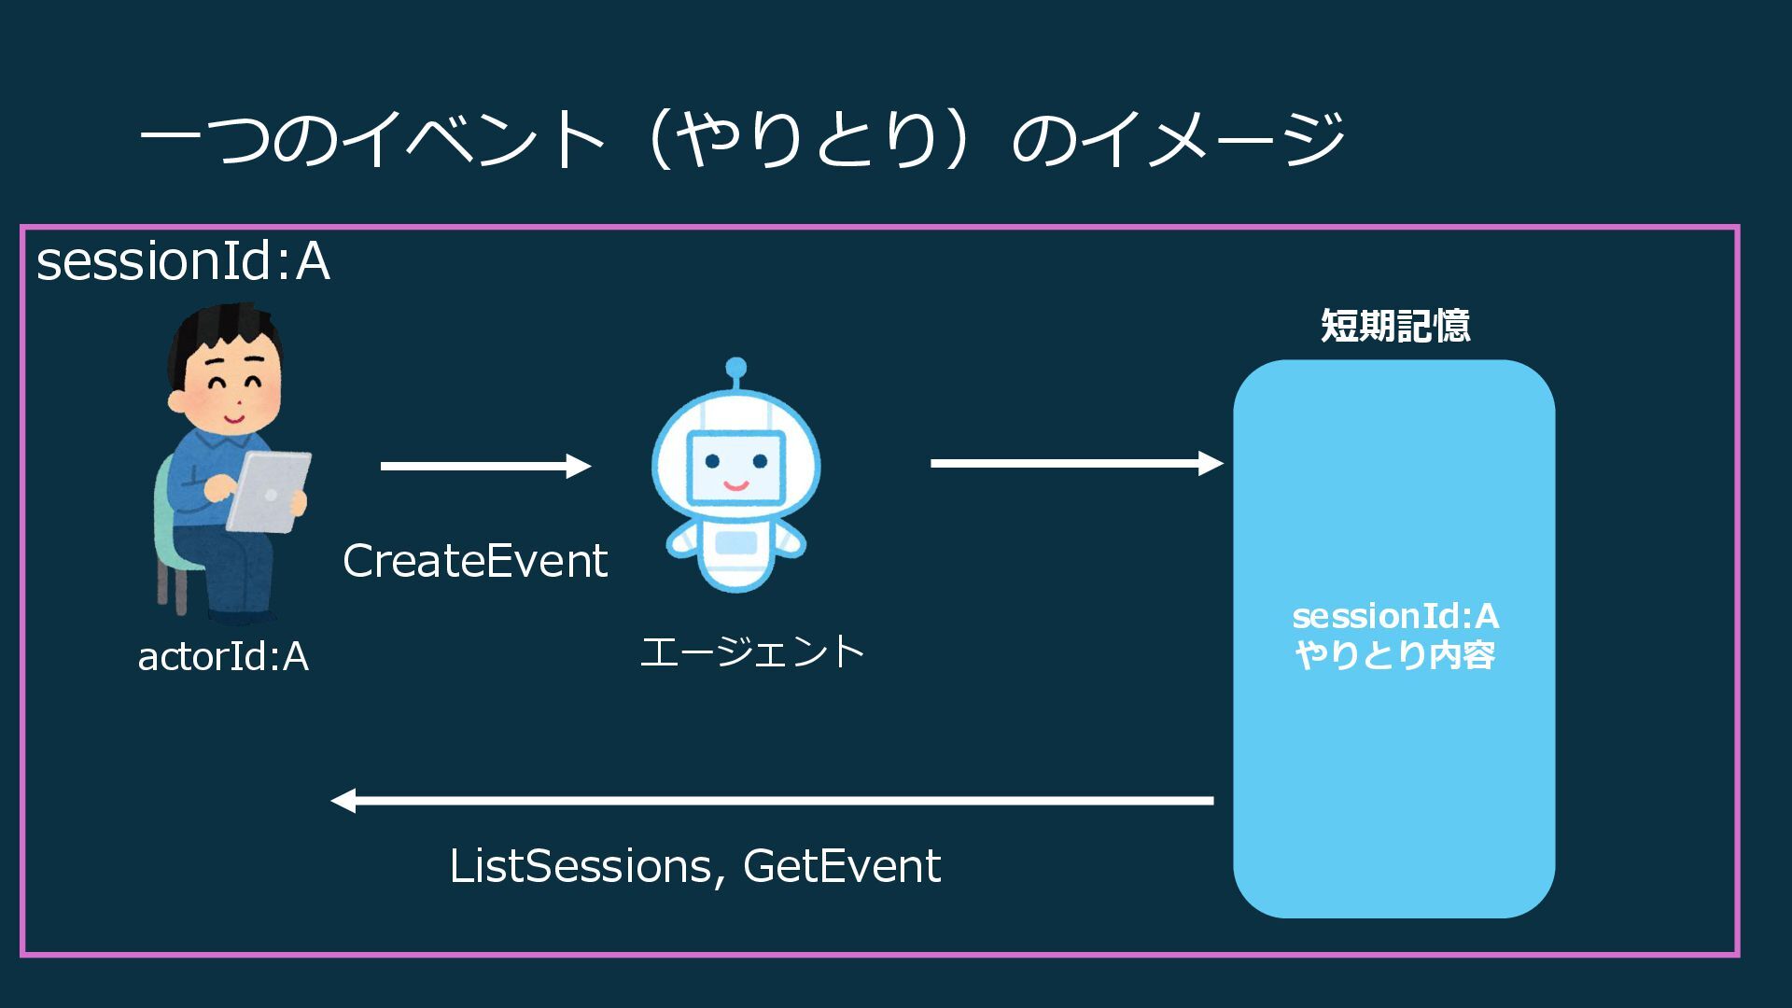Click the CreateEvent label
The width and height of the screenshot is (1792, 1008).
(475, 561)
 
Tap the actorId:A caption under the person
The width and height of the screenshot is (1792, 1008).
(223, 656)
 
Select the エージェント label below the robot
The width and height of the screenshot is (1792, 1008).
(752, 651)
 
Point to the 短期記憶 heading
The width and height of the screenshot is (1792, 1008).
(1395, 326)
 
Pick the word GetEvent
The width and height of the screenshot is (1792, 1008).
(842, 866)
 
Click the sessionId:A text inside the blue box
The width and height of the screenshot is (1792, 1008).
(1395, 616)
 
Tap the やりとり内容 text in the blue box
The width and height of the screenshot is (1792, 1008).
(1395, 655)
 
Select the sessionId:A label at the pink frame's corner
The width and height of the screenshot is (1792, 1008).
(183, 261)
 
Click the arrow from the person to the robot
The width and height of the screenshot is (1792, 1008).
(485, 466)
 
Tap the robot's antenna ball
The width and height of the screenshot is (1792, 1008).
(735, 367)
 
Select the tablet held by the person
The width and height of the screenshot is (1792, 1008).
(268, 491)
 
